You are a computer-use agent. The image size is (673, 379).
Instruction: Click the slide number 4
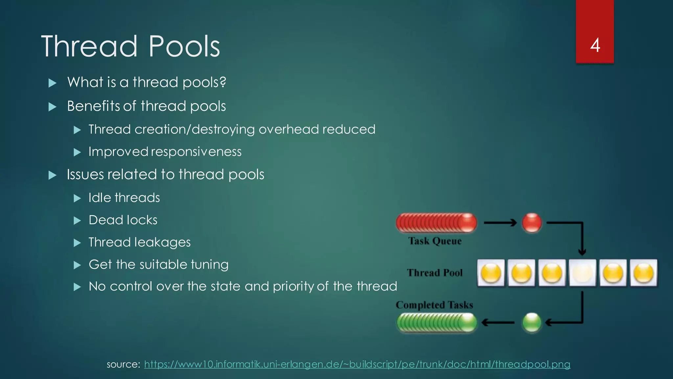click(x=595, y=45)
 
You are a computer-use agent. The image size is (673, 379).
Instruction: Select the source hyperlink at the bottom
click(x=357, y=364)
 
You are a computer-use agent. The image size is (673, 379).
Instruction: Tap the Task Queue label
click(x=435, y=241)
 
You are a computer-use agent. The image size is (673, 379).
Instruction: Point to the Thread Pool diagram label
click(x=435, y=273)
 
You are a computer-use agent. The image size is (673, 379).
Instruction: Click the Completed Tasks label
click(x=434, y=305)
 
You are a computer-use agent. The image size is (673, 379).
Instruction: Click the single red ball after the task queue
click(x=532, y=223)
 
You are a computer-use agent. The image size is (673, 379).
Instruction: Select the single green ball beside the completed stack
click(x=531, y=322)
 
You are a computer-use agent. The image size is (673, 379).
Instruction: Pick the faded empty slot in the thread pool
click(x=582, y=273)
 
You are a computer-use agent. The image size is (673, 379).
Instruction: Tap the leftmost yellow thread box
click(x=491, y=273)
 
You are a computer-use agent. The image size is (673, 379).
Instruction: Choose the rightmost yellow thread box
click(x=643, y=273)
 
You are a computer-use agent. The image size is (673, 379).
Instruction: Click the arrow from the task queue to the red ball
click(x=500, y=223)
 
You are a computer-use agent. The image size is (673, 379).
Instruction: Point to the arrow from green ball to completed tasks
click(x=498, y=322)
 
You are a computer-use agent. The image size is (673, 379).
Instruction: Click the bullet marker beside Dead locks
click(x=77, y=220)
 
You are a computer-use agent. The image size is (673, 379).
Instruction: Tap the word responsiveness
click(x=196, y=152)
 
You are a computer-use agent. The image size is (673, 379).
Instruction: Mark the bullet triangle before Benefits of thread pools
click(x=52, y=107)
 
